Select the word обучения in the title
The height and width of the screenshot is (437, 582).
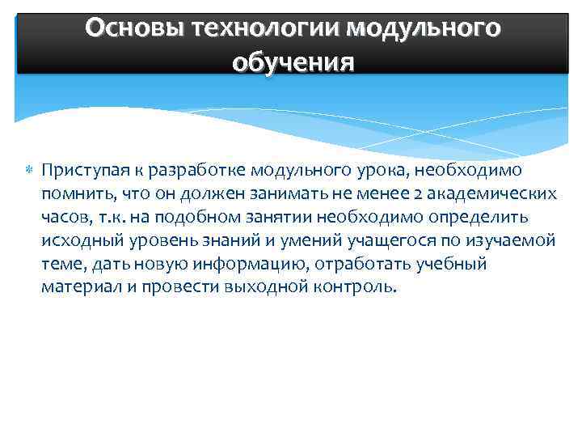point(293,62)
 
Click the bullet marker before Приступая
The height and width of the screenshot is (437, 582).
point(28,171)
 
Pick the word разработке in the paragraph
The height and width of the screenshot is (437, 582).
point(191,171)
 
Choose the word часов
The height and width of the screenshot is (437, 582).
point(65,218)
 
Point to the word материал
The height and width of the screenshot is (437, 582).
point(78,288)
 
